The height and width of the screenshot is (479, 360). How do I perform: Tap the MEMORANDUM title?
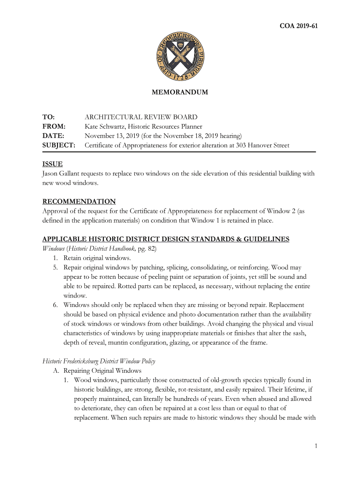[180, 92]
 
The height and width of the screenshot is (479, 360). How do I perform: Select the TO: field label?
[49, 117]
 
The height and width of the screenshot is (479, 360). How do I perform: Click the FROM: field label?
[54, 126]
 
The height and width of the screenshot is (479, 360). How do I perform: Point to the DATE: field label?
[53, 136]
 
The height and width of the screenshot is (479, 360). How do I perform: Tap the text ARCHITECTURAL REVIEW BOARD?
[141, 117]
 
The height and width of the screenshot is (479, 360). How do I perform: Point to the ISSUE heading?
[52, 164]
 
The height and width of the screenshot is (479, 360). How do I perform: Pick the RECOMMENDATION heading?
[79, 201]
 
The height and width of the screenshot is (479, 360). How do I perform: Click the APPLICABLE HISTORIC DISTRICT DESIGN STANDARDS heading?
[166, 239]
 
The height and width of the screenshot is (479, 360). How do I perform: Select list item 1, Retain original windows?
[97, 258]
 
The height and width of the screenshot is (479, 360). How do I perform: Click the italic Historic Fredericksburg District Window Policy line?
[99, 361]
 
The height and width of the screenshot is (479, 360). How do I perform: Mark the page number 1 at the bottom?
[316, 446]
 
